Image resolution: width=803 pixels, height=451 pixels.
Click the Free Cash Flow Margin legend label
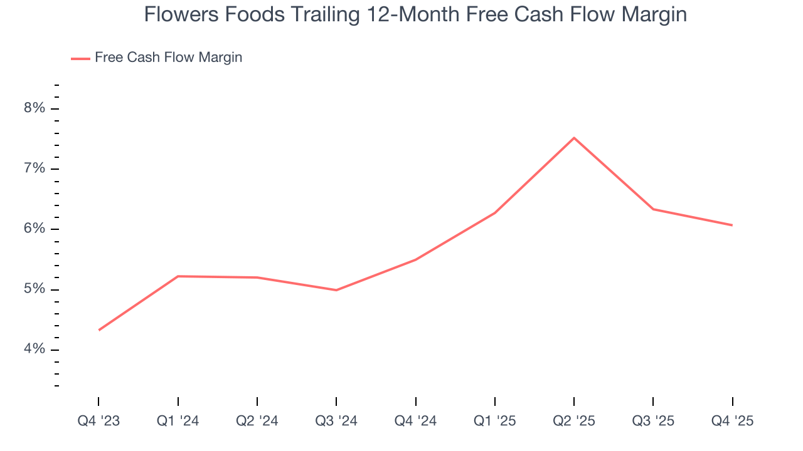coord(168,58)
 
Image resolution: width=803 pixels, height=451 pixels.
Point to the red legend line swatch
coord(81,58)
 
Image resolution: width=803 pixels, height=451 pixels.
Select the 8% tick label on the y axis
coord(35,108)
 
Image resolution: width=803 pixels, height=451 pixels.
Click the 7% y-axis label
coord(35,168)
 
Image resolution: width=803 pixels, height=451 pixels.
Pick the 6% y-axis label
coord(35,229)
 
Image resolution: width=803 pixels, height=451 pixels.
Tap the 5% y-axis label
coord(35,289)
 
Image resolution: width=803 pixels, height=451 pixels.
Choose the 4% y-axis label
coord(35,350)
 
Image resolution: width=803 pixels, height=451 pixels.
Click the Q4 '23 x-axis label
coord(98,422)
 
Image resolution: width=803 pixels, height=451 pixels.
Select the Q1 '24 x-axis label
coord(178,422)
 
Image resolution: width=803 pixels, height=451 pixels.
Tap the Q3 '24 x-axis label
coord(336,422)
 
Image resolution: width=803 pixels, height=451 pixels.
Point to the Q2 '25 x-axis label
coord(574,422)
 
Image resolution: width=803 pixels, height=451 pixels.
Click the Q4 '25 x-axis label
coord(732,422)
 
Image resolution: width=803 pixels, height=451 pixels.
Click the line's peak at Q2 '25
coord(574,138)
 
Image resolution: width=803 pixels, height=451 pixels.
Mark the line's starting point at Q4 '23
coord(99,330)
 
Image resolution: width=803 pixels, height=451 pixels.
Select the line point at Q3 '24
coord(336,290)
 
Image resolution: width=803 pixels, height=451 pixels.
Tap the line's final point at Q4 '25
coord(732,225)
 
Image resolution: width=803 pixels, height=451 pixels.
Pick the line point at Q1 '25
coord(495,213)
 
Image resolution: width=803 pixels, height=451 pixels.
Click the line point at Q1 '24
coord(178,276)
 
